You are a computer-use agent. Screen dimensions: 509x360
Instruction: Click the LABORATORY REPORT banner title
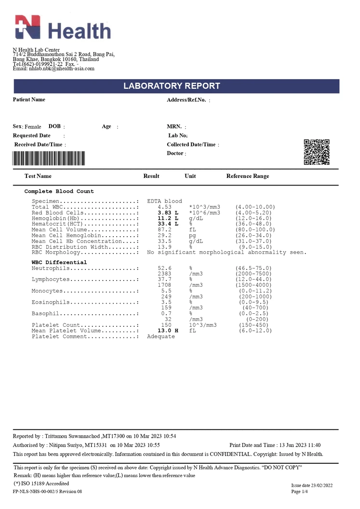(172, 86)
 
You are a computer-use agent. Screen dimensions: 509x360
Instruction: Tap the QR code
(317, 152)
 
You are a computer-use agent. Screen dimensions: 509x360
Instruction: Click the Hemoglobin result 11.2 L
(168, 218)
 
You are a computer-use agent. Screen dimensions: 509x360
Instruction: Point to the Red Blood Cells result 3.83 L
(168, 213)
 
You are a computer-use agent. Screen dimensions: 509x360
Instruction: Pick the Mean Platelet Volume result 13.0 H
(168, 331)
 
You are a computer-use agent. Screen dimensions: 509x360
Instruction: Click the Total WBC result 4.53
(165, 207)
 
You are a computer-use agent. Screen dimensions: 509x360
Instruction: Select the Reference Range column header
(248, 176)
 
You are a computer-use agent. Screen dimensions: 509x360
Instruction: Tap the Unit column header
(190, 176)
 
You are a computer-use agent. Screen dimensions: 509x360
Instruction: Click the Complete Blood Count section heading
(59, 191)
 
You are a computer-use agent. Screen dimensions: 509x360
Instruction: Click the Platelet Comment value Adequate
(161, 336)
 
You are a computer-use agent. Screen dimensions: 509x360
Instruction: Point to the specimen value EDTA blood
(165, 201)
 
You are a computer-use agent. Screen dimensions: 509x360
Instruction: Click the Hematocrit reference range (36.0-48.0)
(253, 224)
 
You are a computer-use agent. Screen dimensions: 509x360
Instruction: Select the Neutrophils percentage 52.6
(165, 268)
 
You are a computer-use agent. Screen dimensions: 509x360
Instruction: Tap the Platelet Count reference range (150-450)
(253, 325)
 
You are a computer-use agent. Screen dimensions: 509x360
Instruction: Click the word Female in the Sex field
(33, 127)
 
